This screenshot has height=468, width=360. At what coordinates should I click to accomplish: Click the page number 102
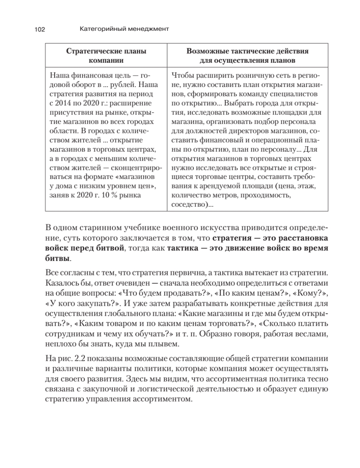pos(40,29)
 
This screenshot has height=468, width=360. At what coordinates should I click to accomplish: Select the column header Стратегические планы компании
pos(106,56)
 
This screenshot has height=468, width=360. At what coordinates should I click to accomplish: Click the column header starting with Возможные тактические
pos(248,56)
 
